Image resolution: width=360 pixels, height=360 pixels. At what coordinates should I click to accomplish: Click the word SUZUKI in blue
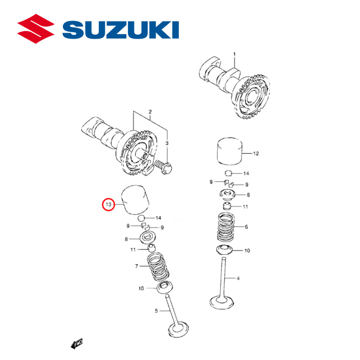click(x=121, y=30)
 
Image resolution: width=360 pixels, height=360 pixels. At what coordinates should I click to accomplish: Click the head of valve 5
click(x=179, y=329)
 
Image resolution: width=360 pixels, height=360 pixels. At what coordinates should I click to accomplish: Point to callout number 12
click(x=256, y=153)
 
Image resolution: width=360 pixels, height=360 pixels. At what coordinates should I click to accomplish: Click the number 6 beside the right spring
click(x=246, y=227)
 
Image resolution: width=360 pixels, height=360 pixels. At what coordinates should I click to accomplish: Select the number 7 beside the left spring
click(x=136, y=266)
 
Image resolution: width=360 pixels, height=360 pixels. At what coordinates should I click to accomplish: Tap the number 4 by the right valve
click(x=238, y=278)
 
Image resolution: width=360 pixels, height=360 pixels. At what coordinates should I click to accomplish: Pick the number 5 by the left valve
click(x=156, y=311)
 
